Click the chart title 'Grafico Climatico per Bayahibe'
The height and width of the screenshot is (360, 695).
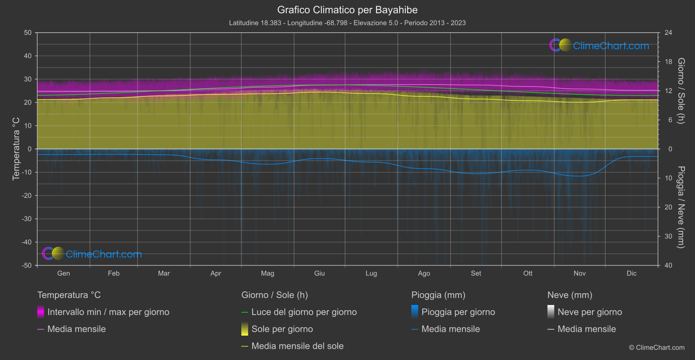click(347, 10)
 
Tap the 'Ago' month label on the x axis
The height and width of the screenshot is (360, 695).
click(424, 274)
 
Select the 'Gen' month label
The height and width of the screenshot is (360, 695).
click(63, 274)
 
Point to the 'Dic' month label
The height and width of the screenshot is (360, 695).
click(631, 274)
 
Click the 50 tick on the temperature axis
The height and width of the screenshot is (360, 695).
click(28, 33)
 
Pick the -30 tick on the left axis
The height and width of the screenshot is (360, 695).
click(27, 219)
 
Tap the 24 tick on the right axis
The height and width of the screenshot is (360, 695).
click(668, 33)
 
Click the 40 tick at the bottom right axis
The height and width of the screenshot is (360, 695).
click(668, 265)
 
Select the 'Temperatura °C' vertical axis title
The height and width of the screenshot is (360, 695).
click(16, 149)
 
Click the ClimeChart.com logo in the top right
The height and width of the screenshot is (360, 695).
click(599, 45)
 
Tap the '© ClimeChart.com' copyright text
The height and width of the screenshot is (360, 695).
click(657, 348)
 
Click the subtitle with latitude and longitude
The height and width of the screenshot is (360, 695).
click(347, 23)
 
